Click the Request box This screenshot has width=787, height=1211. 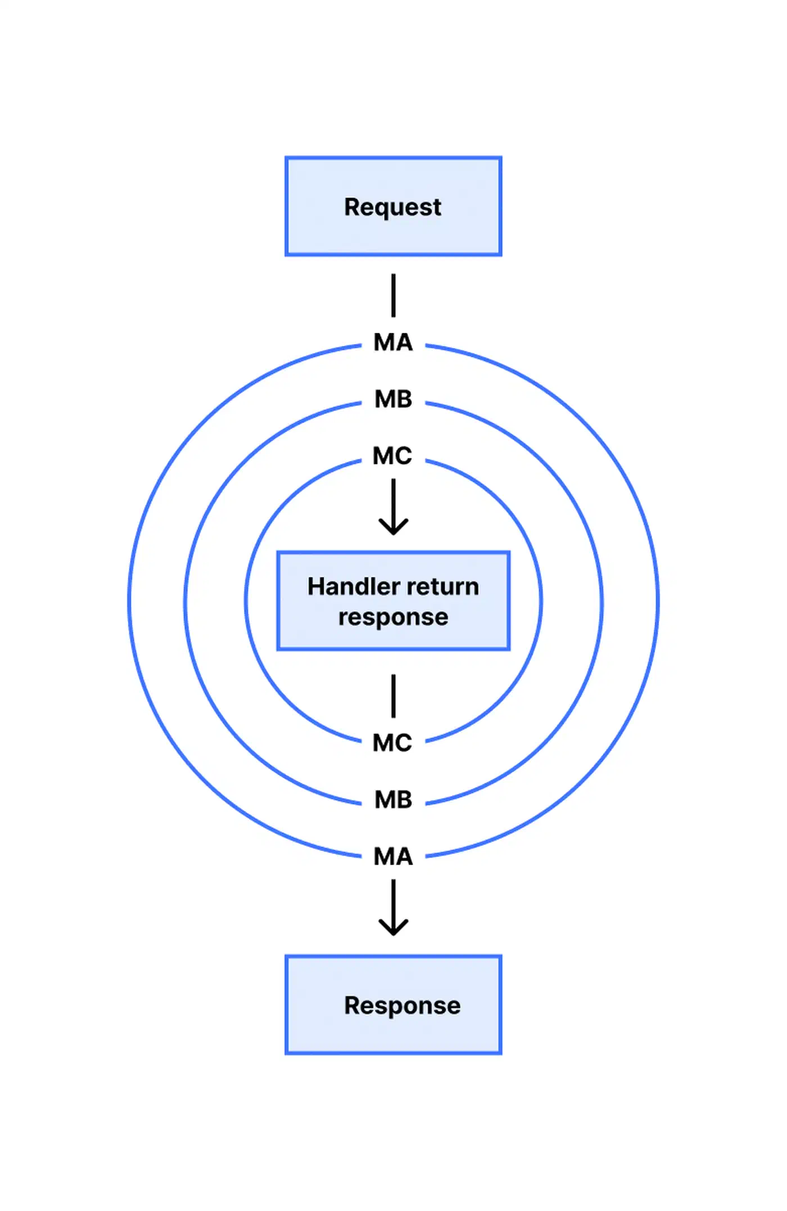coord(393,206)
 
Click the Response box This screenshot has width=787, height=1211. coord(393,1005)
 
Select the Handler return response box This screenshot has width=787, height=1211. coord(393,601)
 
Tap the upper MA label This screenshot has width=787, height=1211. coord(393,342)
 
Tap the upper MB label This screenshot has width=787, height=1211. coord(393,399)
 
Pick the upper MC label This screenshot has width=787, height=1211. coord(392,456)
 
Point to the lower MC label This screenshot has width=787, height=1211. coord(392,743)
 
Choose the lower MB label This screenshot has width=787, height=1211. coord(393,799)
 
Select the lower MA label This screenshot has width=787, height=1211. coord(393,856)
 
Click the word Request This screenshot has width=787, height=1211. coord(393,207)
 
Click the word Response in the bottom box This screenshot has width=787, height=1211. coord(402,1006)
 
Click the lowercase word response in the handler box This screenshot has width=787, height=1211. coord(393,618)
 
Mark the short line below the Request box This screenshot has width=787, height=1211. coord(393,295)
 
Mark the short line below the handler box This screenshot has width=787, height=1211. coord(393,696)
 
